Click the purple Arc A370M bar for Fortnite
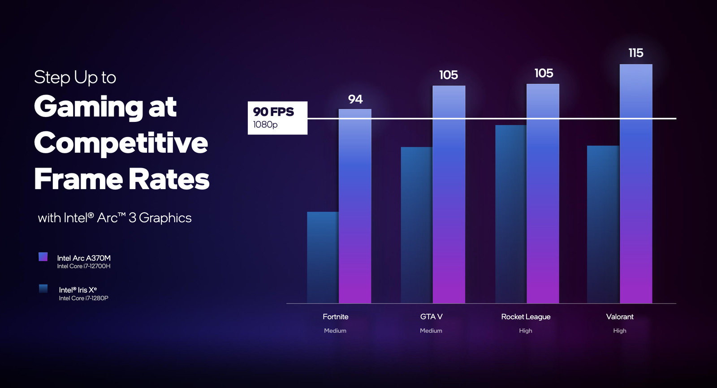point(355,206)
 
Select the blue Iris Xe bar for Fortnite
point(323,258)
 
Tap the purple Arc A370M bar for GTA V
point(449,194)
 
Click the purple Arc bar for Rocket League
point(543,194)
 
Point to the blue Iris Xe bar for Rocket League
point(510,214)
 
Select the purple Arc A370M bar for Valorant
point(636,184)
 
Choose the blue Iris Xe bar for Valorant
point(603,224)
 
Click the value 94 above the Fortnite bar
point(355,99)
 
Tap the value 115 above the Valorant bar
point(635,53)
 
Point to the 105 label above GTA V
point(449,75)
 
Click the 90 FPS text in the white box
point(273,112)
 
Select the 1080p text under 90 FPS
point(265,125)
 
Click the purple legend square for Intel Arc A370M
point(43,257)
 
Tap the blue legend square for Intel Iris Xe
point(43,289)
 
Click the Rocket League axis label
point(526,317)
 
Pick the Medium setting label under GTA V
point(431,331)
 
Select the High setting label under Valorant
point(620,331)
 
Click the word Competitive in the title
point(121,143)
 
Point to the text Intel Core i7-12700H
point(84,266)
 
